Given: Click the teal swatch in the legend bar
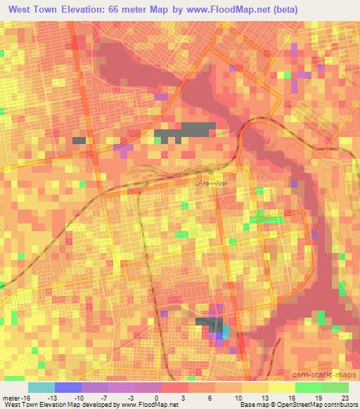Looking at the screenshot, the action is coord(41,387).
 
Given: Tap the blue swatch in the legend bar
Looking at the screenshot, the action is coord(67,387).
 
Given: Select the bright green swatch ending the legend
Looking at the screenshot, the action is coord(335,387).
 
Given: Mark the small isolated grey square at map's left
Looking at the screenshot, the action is coord(79,140).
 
